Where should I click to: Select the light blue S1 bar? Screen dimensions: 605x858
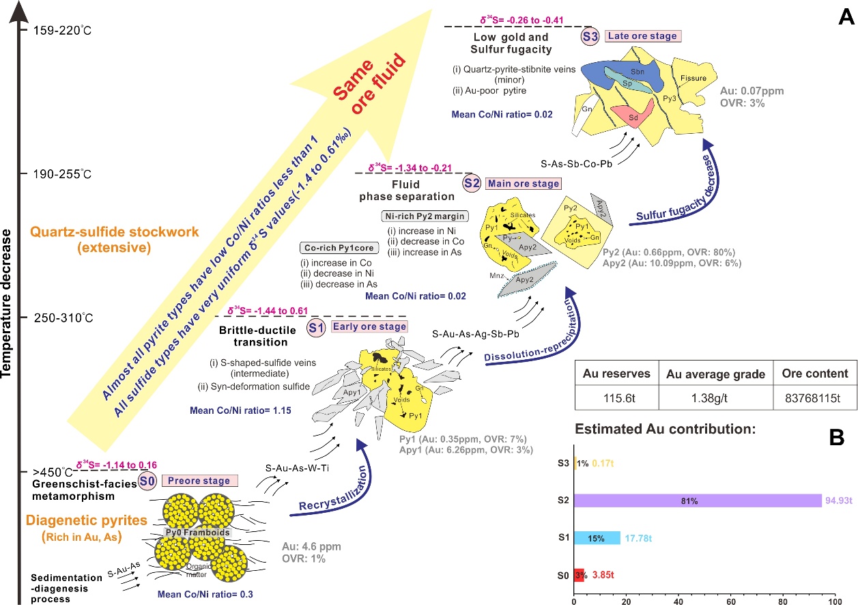(x=597, y=538)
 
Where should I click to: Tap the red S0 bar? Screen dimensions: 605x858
(x=579, y=576)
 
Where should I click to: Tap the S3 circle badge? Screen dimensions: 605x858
(x=589, y=37)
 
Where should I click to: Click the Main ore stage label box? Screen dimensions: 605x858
(x=523, y=183)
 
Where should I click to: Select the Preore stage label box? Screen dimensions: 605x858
(x=199, y=481)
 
